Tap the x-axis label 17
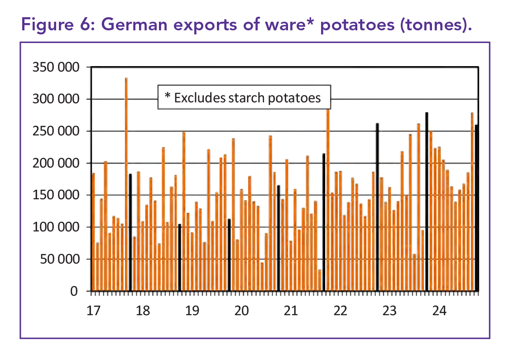(x=93, y=311)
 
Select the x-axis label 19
(x=192, y=311)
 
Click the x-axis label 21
(x=291, y=311)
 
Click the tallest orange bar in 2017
(x=126, y=181)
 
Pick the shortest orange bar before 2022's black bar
(x=320, y=280)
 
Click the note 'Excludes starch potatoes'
(x=244, y=97)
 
